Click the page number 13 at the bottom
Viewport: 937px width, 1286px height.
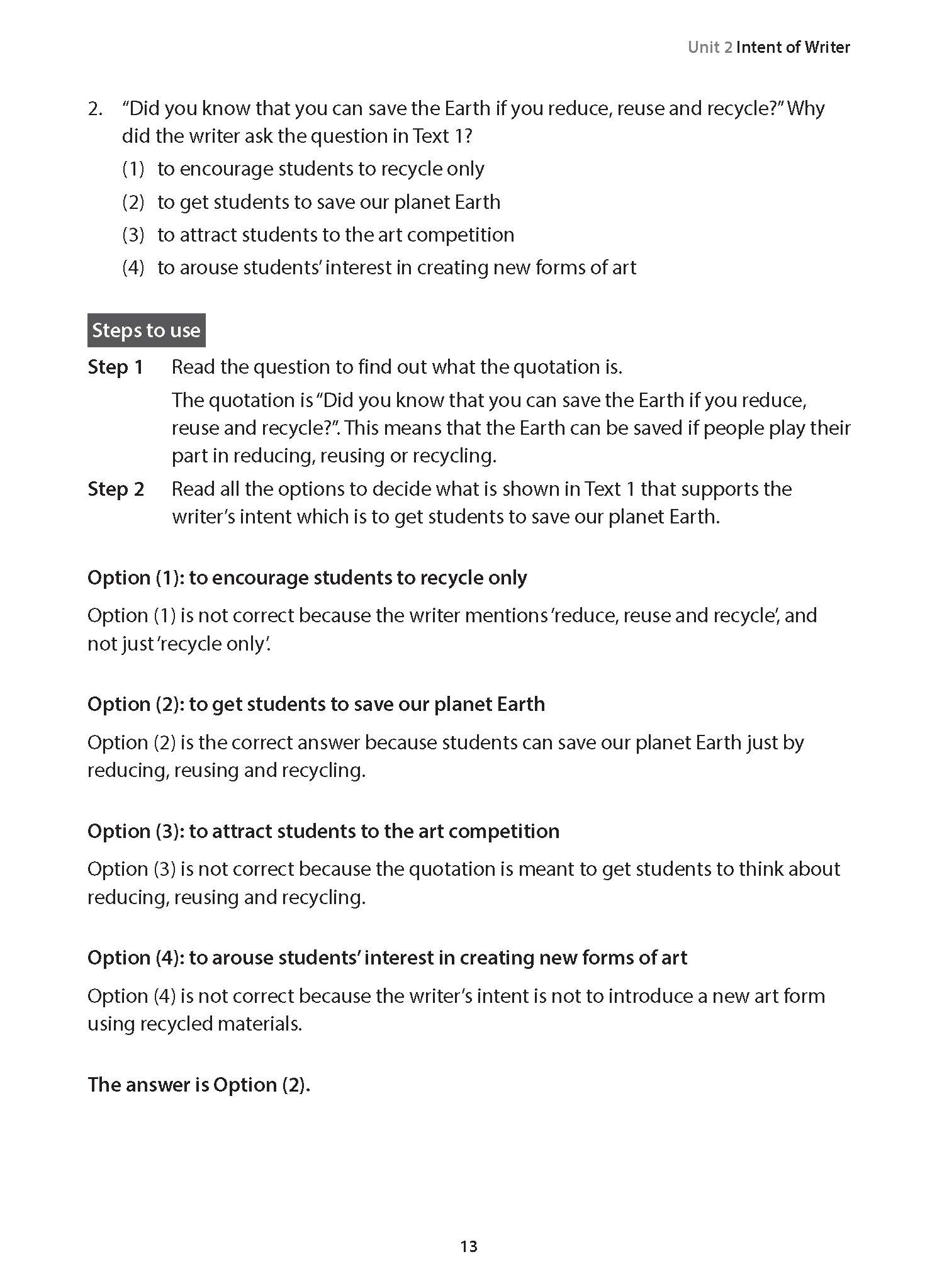(x=469, y=1246)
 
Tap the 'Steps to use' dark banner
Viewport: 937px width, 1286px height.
(x=146, y=330)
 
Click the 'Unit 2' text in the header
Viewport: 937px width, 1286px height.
(x=709, y=47)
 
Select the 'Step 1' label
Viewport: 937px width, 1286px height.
(x=116, y=367)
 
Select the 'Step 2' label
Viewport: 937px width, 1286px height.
(x=116, y=489)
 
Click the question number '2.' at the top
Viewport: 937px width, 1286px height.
(x=95, y=108)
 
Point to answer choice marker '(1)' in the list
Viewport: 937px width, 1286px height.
(x=133, y=169)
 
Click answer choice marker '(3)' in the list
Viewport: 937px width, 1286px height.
(x=133, y=235)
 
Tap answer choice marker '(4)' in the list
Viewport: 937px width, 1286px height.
(x=133, y=267)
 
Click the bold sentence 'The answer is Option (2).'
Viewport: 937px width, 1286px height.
(x=199, y=1084)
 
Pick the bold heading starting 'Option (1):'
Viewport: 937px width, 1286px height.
(x=307, y=578)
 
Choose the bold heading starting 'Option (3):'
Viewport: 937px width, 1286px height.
(x=323, y=830)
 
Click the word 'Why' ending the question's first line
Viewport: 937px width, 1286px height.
(x=805, y=108)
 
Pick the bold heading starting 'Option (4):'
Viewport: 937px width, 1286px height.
(x=387, y=957)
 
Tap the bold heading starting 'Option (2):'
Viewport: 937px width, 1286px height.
(x=316, y=703)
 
